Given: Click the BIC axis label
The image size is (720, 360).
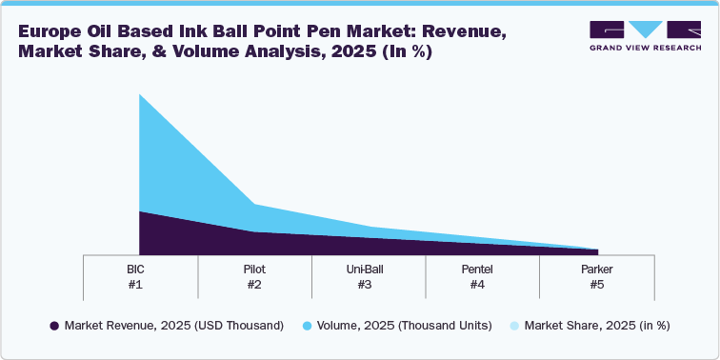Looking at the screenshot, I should pyautogui.click(x=140, y=270).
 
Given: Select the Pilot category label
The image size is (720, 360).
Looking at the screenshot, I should pyautogui.click(x=254, y=270).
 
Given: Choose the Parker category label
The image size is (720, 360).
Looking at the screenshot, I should pyautogui.click(x=596, y=270).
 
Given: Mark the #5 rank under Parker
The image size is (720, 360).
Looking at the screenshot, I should pyautogui.click(x=596, y=284).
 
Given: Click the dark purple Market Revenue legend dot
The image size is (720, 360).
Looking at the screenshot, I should pyautogui.click(x=53, y=326).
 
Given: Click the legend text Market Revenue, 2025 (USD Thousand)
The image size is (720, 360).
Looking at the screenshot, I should pyautogui.click(x=174, y=326).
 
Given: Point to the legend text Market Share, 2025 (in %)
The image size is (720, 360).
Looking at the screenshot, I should pyautogui.click(x=597, y=326).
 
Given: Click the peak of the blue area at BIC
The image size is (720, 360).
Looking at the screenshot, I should pyautogui.click(x=140, y=94).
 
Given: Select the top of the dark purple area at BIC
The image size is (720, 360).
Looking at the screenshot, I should pyautogui.click(x=140, y=211).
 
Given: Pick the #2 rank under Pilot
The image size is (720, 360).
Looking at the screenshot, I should pyautogui.click(x=254, y=284).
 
